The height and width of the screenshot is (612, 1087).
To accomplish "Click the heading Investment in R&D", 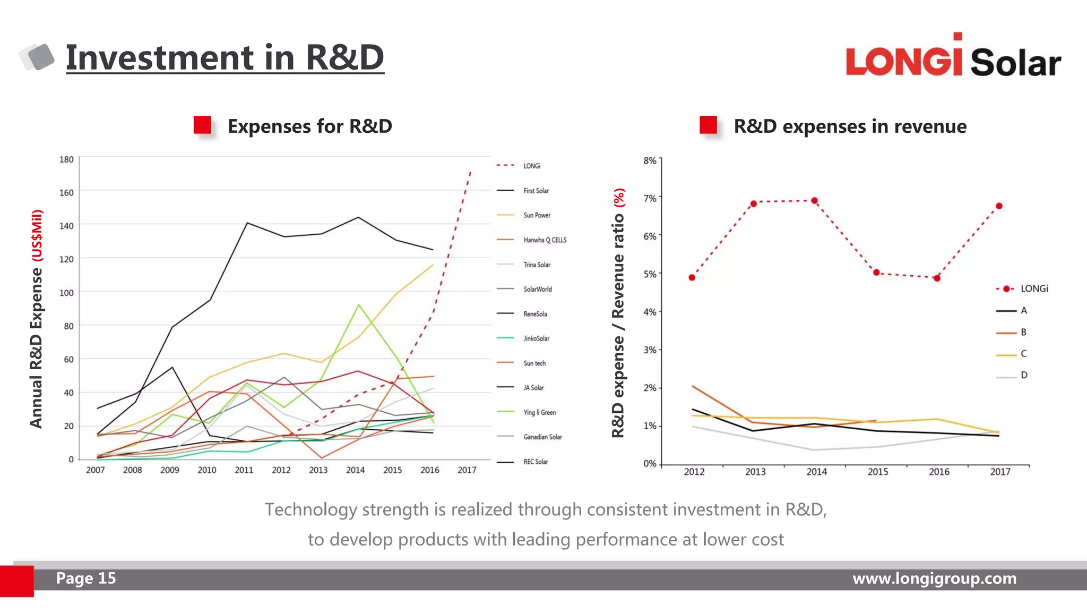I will pos(225,57).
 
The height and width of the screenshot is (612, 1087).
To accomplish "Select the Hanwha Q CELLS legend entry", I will pos(545,240).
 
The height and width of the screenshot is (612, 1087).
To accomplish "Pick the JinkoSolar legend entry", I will pos(536,338).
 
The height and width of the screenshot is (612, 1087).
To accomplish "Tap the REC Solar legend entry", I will pos(536,462).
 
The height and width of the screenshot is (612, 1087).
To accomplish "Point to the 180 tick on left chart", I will pos(66,159).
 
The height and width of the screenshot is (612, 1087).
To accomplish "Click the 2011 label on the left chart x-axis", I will pos(244,470).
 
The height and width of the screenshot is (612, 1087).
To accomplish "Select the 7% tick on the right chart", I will pos(650,198).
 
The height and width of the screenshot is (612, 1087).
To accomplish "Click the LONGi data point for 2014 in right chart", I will pos(814,201).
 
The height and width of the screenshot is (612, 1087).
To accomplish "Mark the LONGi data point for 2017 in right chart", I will pos(999,206).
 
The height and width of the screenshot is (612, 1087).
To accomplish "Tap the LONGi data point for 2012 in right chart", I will pos(692,277).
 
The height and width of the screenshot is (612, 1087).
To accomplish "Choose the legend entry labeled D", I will pos(1023,375).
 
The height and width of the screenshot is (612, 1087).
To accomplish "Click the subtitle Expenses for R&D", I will pos(309,126).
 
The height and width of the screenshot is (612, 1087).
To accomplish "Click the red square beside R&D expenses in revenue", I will pos(708,125).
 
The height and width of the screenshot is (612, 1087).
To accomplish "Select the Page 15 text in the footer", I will pos(86,578).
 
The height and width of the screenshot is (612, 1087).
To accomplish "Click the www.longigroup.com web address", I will pos(934,578).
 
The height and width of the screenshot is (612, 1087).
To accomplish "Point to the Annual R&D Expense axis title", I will pos(36,319).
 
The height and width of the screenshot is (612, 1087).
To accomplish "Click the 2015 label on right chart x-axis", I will pos(877,472).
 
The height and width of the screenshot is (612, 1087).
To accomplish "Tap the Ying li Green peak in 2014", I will pos(359,305).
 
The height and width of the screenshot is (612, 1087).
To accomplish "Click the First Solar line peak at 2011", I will pos(247,223).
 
